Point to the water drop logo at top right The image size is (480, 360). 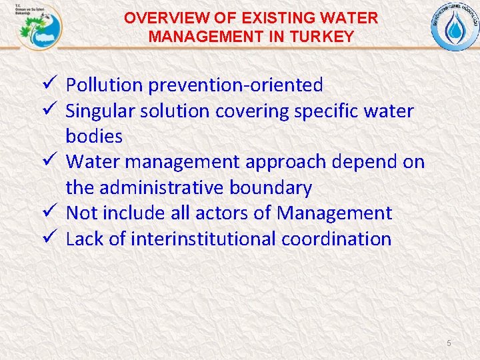[x=455, y=27]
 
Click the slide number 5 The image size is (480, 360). [x=449, y=343]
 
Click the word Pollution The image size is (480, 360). [x=105, y=85]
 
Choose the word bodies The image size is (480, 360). [x=94, y=137]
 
